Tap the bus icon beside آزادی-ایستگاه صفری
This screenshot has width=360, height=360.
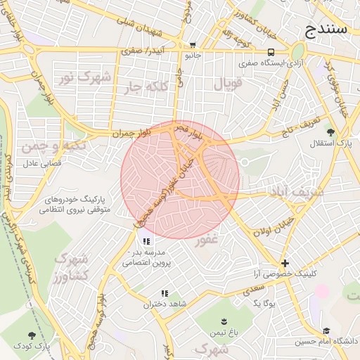[x=271, y=52]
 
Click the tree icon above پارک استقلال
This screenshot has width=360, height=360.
[x=330, y=131]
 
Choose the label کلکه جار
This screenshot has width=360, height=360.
[x=147, y=86]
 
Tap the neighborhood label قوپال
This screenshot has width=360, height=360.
[x=227, y=85]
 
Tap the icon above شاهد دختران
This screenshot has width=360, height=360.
[x=164, y=293]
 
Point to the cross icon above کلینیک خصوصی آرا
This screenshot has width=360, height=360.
[x=285, y=262]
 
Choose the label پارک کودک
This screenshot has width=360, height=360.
[x=53, y=345]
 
